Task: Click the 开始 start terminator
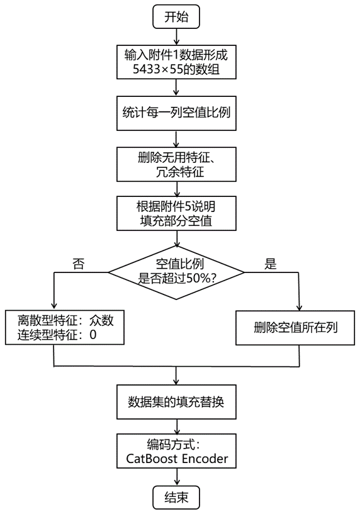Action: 176,18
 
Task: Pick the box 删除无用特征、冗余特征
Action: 176,164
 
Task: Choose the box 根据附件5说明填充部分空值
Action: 176,213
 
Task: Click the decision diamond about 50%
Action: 176,272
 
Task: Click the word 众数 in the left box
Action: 101,320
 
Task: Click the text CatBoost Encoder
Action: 176,459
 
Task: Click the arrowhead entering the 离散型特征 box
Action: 55,306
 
